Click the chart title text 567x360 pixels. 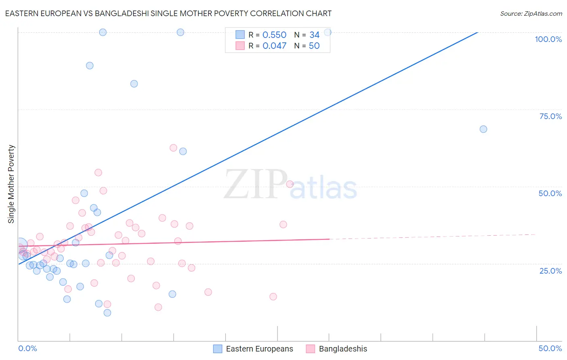click(168, 13)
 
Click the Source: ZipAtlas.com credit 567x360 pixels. click(531, 13)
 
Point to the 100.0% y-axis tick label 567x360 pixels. click(548, 39)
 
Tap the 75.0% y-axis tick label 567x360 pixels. click(550, 116)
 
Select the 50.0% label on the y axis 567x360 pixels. click(550, 193)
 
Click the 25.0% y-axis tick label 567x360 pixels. click(550, 271)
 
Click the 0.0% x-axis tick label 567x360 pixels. click(27, 348)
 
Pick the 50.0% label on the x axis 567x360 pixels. click(550, 348)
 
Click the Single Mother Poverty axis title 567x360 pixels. click(11, 184)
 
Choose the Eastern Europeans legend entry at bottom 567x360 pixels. click(253, 349)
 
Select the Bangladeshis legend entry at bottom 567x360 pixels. click(336, 349)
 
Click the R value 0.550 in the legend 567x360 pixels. click(274, 35)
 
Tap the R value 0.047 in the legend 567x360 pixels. click(274, 46)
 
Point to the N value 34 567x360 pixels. click(314, 35)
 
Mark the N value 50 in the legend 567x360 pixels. click(314, 46)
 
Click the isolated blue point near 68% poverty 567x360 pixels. click(483, 129)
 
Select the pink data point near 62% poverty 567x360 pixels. click(173, 148)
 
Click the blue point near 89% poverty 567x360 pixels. click(90, 65)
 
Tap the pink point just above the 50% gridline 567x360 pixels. click(290, 184)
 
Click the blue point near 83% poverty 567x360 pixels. click(134, 84)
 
